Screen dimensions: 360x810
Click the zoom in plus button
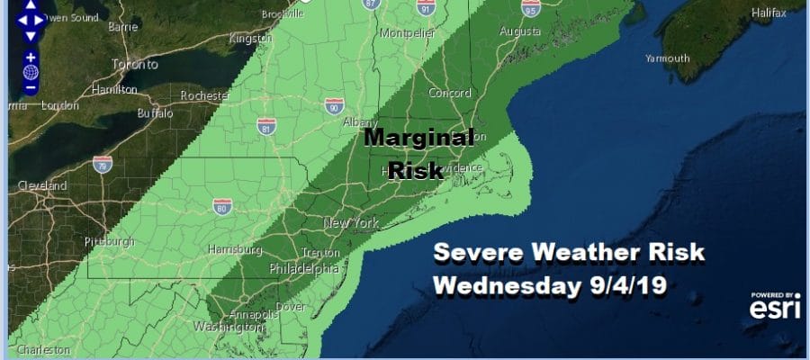coord(31,57)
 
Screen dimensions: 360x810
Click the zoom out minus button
coord(31,87)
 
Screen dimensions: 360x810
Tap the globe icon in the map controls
coord(31,72)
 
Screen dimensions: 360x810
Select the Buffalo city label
coord(155,114)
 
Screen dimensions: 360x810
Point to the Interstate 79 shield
coord(103,164)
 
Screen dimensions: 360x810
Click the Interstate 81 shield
coord(265,124)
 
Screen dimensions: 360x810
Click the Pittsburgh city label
coord(108,241)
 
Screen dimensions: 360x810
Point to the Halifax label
coord(775,13)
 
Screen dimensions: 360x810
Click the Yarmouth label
coord(666,58)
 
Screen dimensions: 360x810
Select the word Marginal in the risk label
coord(418,138)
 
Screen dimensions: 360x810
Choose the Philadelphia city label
coord(304,269)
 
